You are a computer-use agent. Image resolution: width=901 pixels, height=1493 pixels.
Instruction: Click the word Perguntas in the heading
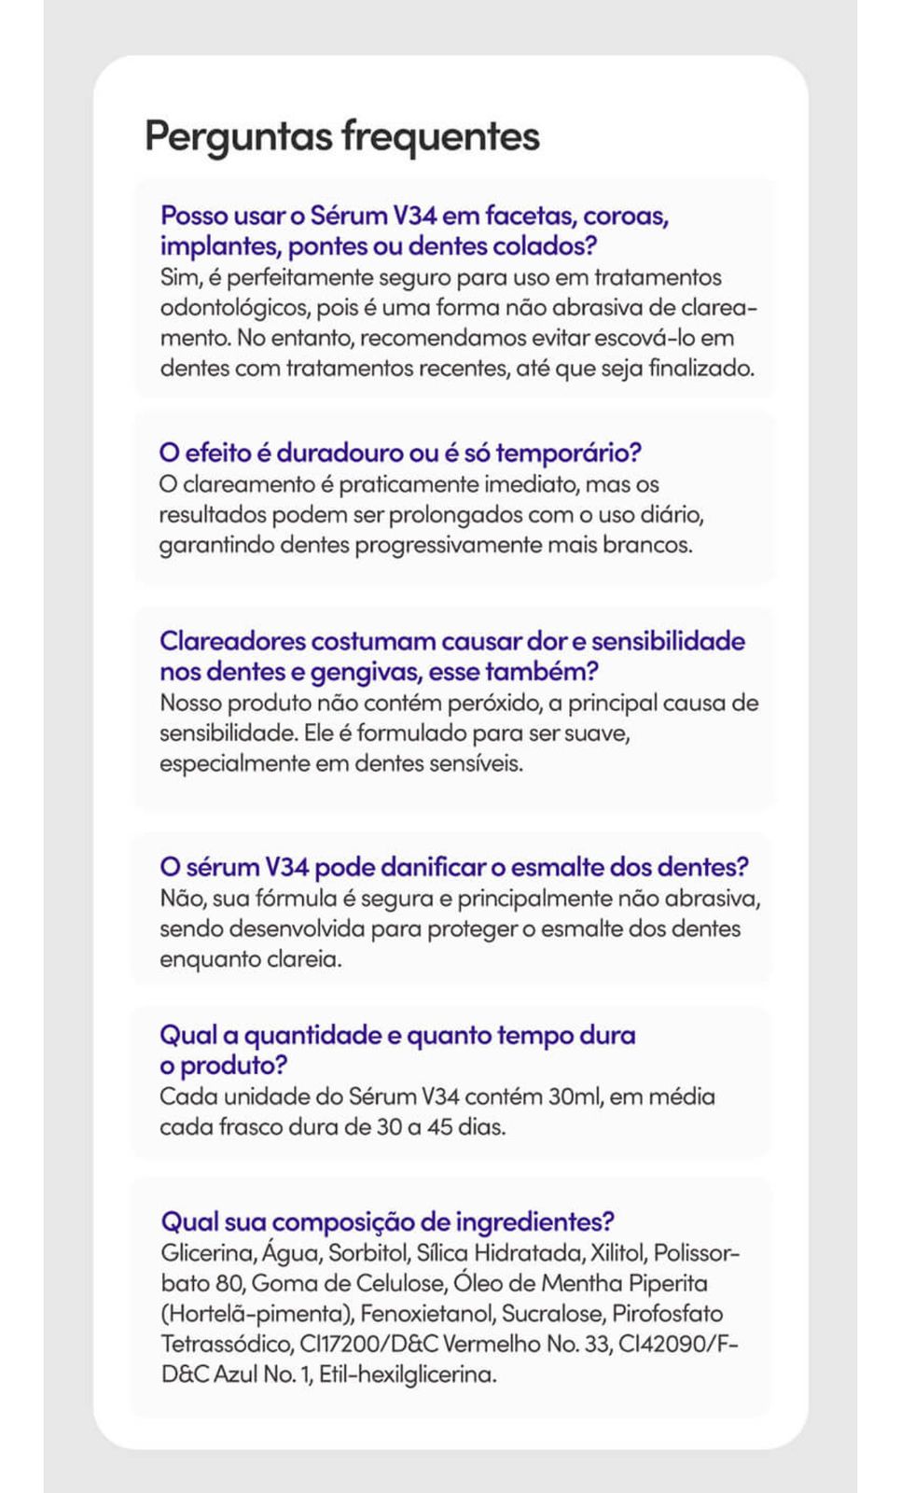238,136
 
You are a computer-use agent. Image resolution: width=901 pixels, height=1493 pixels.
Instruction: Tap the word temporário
568,453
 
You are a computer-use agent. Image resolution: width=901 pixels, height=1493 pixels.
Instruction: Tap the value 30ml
575,1096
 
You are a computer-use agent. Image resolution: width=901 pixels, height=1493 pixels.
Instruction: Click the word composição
342,1221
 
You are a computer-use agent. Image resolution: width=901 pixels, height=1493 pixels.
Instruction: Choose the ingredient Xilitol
617,1253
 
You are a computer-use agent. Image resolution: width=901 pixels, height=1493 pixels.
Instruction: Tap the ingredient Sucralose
551,1314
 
